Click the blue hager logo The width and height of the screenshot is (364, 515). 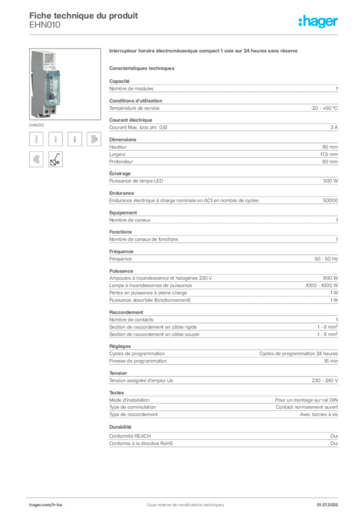(319, 22)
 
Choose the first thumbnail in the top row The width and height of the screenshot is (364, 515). (36, 139)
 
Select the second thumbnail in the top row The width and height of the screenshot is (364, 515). (56, 139)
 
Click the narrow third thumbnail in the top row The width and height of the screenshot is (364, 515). (74, 139)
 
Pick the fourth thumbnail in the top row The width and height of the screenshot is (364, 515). (93, 139)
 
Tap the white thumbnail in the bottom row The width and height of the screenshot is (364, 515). (36, 159)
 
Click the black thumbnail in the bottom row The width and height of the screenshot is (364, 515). (56, 159)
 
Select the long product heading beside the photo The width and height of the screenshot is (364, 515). (205, 52)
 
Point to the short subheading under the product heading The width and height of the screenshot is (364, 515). (143, 67)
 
